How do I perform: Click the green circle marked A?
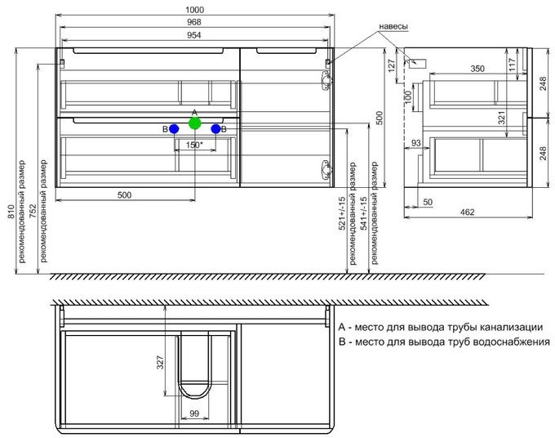point(195,123)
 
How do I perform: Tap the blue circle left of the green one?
point(174,129)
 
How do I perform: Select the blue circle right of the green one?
point(215,129)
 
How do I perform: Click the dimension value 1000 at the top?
point(194,10)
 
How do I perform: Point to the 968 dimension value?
point(194,22)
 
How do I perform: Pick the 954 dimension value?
point(194,34)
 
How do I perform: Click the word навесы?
point(393,26)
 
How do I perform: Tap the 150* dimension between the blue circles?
point(194,145)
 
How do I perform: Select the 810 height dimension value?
point(11,212)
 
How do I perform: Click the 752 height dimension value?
point(33,212)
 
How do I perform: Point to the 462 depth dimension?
point(467,212)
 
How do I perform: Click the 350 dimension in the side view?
point(477,69)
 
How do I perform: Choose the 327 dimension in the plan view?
point(160,362)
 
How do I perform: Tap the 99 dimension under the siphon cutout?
point(194,413)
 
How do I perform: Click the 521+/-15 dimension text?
point(342,213)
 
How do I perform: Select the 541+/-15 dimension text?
point(363,213)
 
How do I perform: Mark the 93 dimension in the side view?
point(416,143)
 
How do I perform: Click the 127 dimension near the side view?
point(392,65)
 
